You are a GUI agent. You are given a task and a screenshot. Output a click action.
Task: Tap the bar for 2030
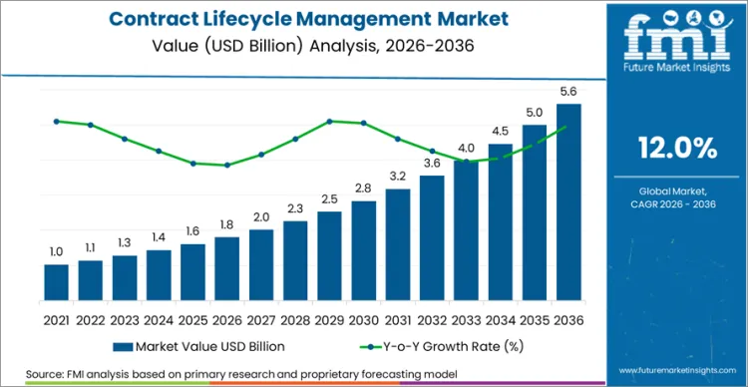364,248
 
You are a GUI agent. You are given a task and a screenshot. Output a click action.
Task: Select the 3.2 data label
398,176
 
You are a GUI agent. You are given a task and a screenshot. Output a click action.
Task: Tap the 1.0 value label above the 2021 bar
57,251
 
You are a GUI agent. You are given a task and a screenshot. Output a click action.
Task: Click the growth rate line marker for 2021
57,121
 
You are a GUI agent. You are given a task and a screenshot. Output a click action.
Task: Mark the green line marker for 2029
329,122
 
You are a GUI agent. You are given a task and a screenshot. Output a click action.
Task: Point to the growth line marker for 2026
227,166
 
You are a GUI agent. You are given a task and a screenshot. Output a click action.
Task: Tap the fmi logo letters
677,35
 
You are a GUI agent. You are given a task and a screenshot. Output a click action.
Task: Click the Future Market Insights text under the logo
677,69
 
